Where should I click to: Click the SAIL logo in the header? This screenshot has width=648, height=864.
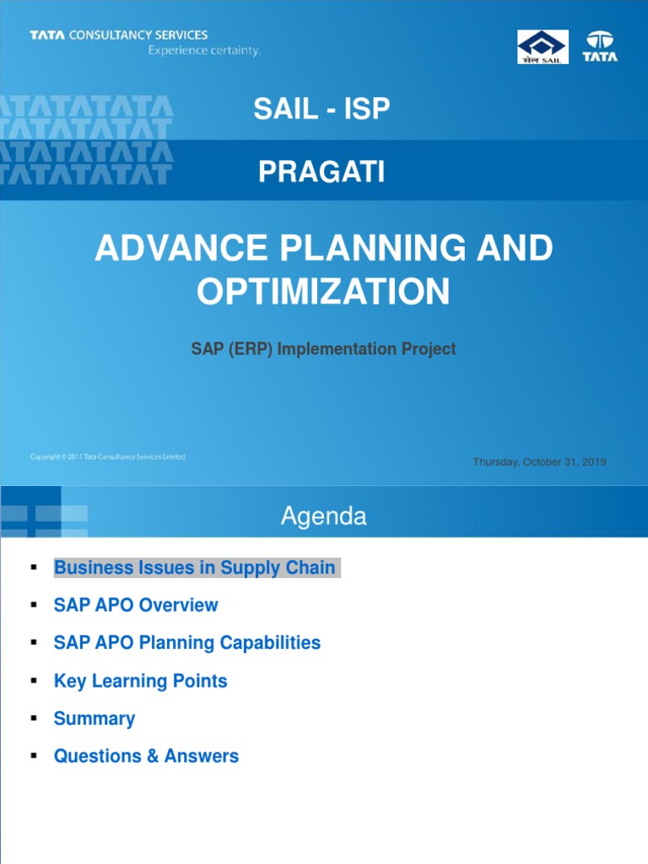[543, 46]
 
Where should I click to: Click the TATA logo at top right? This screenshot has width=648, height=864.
[601, 46]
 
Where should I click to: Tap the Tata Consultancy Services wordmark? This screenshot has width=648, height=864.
[118, 35]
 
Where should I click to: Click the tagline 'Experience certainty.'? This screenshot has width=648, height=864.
[204, 51]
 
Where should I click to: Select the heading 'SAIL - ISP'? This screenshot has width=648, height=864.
[322, 109]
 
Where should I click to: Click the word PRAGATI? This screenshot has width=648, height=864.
[321, 172]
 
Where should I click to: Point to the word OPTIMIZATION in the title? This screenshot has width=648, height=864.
[323, 292]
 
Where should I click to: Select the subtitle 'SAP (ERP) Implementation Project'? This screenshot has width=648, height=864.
[323, 348]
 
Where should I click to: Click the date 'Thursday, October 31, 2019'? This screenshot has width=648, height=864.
[539, 462]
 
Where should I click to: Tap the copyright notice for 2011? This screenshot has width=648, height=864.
[107, 456]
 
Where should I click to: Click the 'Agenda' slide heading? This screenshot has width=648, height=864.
[323, 516]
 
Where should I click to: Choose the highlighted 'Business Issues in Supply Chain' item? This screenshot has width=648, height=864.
[195, 568]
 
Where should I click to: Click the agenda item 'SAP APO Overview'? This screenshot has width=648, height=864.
[136, 605]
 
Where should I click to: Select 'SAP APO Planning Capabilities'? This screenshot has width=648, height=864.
[187, 643]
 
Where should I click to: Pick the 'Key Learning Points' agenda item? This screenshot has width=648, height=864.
[140, 681]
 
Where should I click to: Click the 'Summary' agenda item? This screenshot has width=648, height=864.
[94, 719]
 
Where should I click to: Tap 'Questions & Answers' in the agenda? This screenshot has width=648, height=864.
[146, 756]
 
